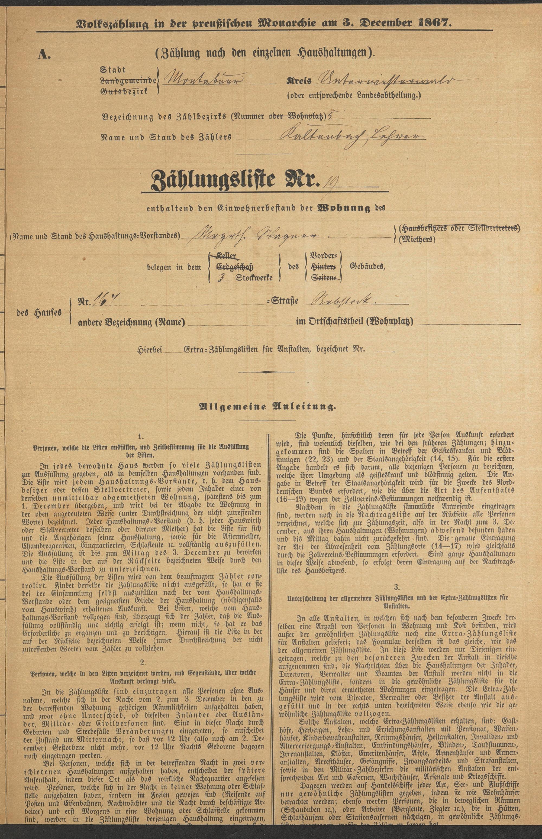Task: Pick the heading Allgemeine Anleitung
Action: pyautogui.click(x=267, y=407)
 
